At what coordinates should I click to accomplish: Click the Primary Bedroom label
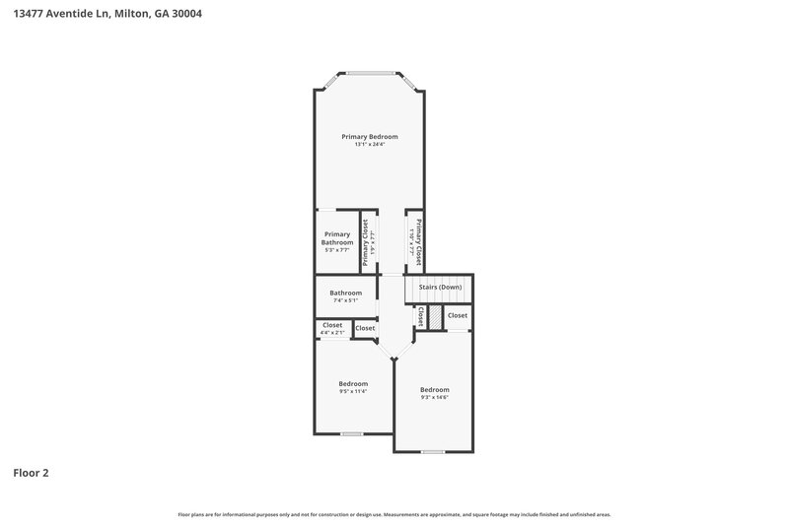click(370, 136)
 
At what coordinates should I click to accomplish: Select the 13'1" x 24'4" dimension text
click(370, 145)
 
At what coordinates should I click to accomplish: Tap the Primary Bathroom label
click(337, 237)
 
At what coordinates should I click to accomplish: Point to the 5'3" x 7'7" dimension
click(337, 250)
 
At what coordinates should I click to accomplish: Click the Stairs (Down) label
click(440, 287)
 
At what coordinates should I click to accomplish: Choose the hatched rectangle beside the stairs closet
click(434, 317)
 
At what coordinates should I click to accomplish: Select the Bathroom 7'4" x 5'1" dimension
click(345, 300)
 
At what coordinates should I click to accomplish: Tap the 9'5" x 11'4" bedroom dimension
click(353, 392)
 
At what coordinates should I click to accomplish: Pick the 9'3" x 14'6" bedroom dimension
click(434, 397)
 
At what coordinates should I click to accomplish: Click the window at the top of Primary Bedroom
click(370, 72)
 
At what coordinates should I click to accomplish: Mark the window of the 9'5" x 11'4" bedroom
click(352, 433)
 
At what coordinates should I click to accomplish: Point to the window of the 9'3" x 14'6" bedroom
click(432, 452)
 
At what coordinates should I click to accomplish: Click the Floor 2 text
click(31, 473)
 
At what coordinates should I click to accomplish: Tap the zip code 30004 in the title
click(185, 14)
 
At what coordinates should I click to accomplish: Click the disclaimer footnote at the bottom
click(394, 514)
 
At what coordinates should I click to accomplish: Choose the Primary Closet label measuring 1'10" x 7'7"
click(418, 242)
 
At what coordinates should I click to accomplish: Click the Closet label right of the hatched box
click(458, 315)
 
